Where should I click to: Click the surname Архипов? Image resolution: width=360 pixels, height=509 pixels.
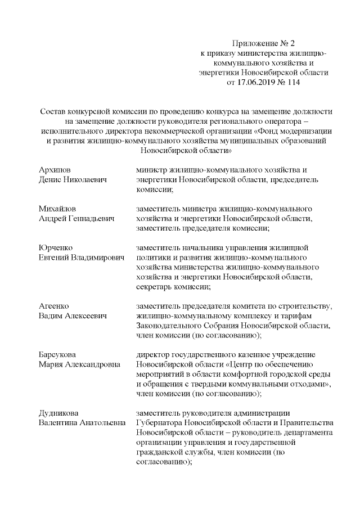(x=55, y=169)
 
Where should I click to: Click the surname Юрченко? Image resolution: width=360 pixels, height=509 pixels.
(x=57, y=247)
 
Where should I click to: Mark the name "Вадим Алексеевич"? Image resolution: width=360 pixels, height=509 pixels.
(x=73, y=316)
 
